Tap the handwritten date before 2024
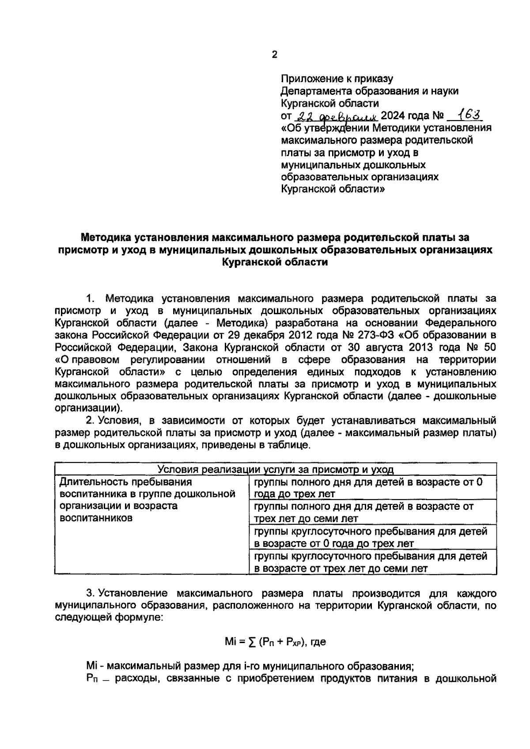tap(336, 116)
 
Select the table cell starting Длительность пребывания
tap(147, 500)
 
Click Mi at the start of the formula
tap(231, 642)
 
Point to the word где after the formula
tap(318, 643)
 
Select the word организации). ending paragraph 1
tap(87, 408)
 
